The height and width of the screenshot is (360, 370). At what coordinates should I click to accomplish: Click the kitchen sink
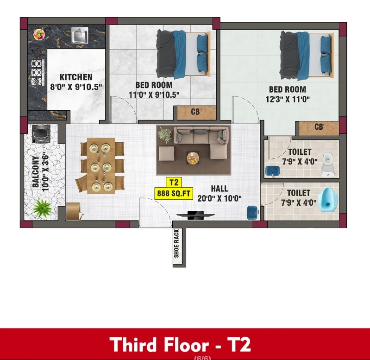pyautogui.click(x=80, y=35)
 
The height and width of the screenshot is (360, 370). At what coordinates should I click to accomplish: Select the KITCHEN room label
pyautogui.click(x=76, y=77)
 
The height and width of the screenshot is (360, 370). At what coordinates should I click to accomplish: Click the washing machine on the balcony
pyautogui.click(x=41, y=133)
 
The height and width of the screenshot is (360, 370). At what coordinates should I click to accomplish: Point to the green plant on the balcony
pyautogui.click(x=43, y=208)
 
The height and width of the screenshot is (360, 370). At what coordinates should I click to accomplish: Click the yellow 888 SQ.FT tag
pyautogui.click(x=174, y=194)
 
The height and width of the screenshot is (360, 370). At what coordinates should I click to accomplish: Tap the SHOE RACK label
pyautogui.click(x=176, y=243)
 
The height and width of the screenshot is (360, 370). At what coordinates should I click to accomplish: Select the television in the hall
pyautogui.click(x=195, y=215)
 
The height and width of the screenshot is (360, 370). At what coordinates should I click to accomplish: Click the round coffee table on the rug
pyautogui.click(x=193, y=158)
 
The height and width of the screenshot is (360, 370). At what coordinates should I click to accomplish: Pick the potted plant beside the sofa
pyautogui.click(x=164, y=135)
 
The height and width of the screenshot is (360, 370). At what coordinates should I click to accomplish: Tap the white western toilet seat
pyautogui.click(x=327, y=164)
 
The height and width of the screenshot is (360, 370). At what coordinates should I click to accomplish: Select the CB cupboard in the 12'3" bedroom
pyautogui.click(x=319, y=128)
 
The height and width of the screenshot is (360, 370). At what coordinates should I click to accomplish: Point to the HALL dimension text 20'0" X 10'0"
pyautogui.click(x=219, y=198)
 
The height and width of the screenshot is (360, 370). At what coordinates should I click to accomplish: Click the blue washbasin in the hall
pyautogui.click(x=253, y=213)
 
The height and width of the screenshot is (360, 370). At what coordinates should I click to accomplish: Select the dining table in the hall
pyautogui.click(x=101, y=166)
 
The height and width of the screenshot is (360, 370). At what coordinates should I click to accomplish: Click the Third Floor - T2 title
pyautogui.click(x=180, y=344)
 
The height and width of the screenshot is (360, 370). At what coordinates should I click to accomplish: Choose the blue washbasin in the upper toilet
pyautogui.click(x=273, y=171)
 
